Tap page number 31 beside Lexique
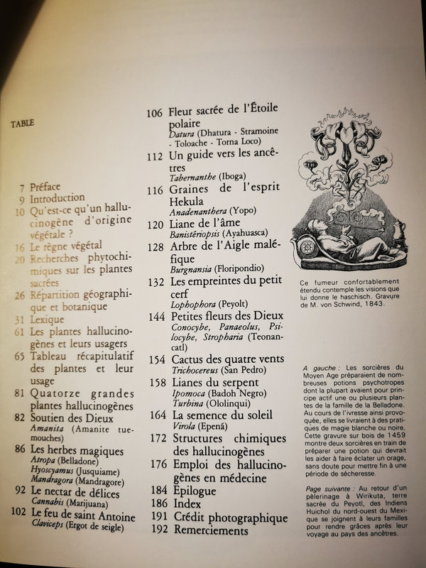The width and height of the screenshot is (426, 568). [x=17, y=319]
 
